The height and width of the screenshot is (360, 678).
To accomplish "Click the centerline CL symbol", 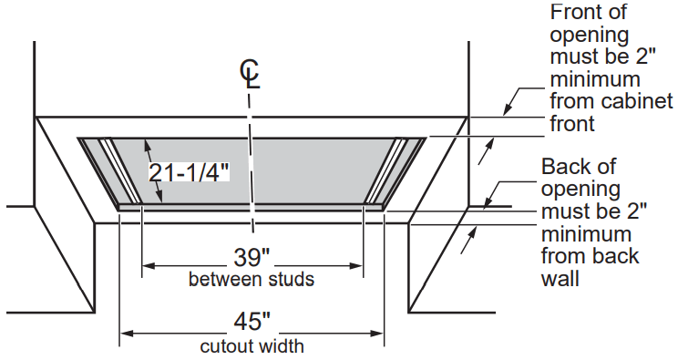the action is (250, 75).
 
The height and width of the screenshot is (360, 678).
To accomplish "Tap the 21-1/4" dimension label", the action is (189, 172).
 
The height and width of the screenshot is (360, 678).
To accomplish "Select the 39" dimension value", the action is (252, 257).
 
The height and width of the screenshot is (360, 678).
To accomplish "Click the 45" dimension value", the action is (252, 322).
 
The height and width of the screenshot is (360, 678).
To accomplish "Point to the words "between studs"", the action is (252, 279).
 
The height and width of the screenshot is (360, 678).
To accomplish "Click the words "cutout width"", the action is (252, 346).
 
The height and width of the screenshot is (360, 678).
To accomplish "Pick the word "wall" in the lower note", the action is (560, 279).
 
